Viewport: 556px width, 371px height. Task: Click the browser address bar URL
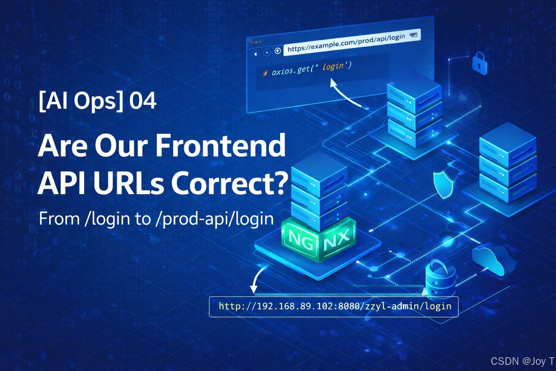click(x=346, y=43)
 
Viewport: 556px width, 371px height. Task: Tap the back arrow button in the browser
click(x=256, y=54)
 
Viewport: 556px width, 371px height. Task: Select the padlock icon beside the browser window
click(x=479, y=63)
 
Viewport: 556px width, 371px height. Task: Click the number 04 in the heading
click(x=143, y=101)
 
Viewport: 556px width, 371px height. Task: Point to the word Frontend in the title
click(x=220, y=145)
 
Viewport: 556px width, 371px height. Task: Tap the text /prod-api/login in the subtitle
click(x=214, y=219)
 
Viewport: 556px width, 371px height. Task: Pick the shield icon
click(x=443, y=185)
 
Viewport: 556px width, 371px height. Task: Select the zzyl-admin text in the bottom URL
click(x=392, y=307)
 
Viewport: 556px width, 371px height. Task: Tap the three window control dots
click(x=256, y=42)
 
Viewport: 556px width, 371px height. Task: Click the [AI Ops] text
click(x=81, y=101)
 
